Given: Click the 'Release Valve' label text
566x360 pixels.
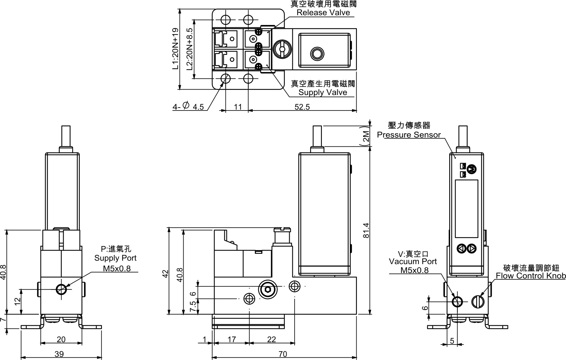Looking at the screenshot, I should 323,13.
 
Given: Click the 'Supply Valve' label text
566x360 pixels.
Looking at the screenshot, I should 322,92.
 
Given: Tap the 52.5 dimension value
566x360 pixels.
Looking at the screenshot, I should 302,107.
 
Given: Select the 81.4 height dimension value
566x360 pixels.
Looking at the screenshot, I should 366,230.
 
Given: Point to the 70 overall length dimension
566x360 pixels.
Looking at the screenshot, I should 283,354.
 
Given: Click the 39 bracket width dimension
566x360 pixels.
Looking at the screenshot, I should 59,354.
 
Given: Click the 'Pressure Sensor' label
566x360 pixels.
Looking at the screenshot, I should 409,135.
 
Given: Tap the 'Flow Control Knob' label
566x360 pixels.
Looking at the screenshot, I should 531,276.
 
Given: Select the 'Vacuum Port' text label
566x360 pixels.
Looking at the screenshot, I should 413,262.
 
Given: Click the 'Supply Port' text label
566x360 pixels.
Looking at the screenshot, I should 115,258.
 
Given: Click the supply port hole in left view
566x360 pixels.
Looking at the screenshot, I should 61,289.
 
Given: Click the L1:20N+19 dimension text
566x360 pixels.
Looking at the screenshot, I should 176,49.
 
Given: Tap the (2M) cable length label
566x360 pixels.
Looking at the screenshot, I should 366,136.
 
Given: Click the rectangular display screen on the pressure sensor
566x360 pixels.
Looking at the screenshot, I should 466,209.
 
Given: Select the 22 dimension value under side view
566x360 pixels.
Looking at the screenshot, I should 271,339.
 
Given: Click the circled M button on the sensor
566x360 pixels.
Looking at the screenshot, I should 472,169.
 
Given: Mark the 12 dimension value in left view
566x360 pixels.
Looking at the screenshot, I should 17,301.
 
